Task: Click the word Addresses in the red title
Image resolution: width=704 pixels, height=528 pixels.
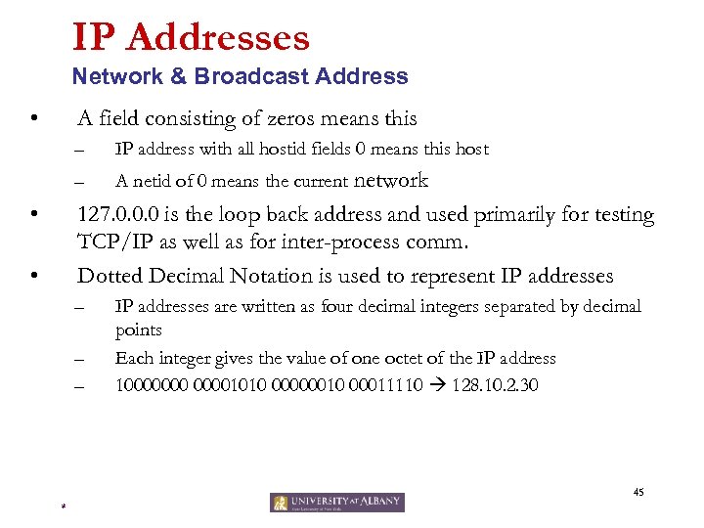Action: (218, 38)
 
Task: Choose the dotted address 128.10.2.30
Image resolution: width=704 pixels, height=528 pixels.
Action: (495, 385)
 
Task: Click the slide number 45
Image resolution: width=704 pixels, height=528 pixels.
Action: (638, 492)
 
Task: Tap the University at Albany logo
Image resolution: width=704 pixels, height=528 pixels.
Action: (337, 503)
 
